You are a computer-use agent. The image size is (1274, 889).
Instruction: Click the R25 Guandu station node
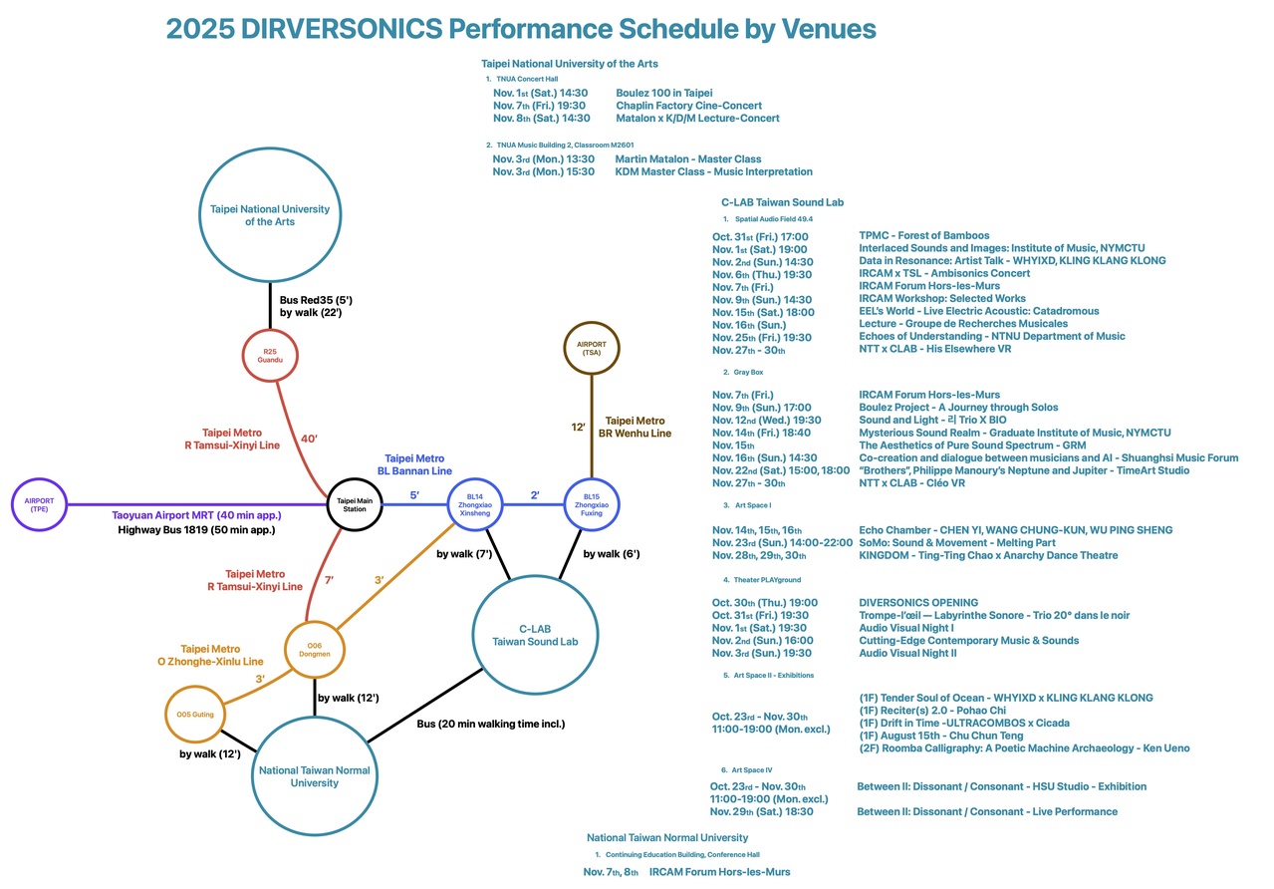tap(270, 356)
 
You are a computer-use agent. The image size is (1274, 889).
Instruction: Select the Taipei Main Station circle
tap(355, 504)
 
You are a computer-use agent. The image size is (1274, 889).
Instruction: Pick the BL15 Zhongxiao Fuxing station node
tap(592, 504)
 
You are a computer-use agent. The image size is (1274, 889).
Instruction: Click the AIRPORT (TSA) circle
tap(592, 348)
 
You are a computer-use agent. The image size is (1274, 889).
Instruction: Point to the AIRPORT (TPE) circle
tap(40, 504)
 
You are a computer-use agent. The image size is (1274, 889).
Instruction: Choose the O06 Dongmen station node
tap(315, 650)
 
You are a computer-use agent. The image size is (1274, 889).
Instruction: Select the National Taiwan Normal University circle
tap(314, 776)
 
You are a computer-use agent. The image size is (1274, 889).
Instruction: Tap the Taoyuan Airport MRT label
tap(196, 515)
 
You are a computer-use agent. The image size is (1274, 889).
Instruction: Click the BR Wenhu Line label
tap(637, 434)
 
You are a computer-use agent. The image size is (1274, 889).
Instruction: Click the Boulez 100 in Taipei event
tap(663, 93)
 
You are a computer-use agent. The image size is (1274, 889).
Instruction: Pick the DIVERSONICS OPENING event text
tap(918, 603)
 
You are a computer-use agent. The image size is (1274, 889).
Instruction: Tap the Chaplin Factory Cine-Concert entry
tap(688, 106)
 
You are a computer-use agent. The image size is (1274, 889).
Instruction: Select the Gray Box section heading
tap(749, 372)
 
